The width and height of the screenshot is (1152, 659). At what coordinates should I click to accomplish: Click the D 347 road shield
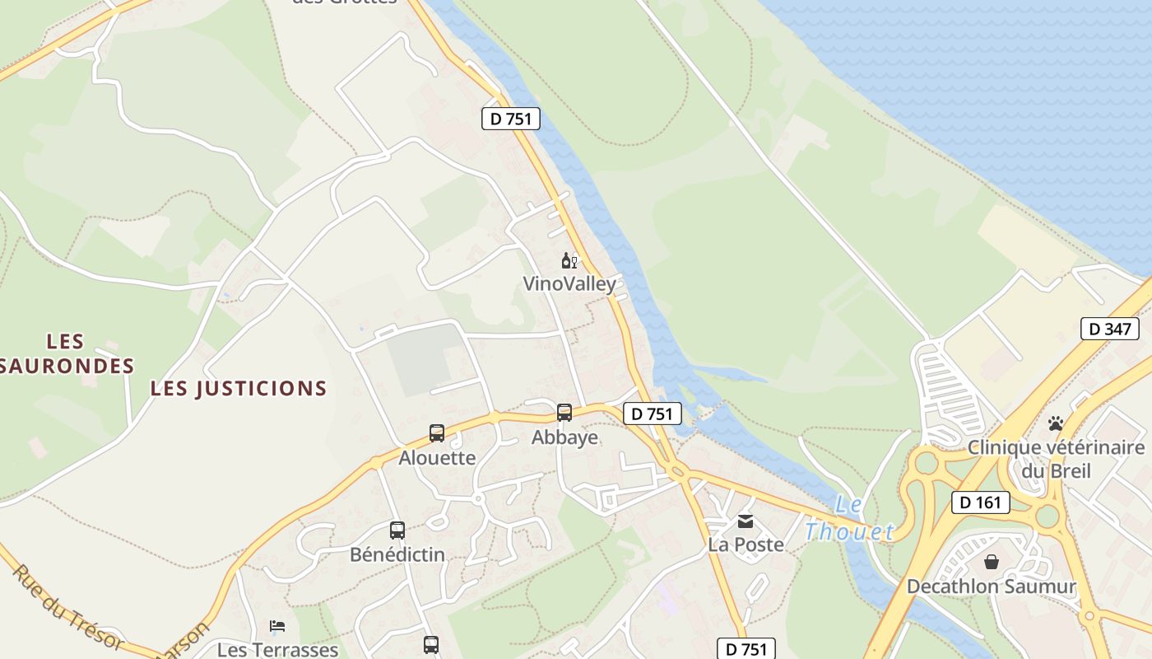[1109, 329]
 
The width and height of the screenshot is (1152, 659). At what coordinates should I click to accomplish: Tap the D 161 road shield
[980, 502]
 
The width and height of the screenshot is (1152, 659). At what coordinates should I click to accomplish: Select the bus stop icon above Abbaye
[564, 413]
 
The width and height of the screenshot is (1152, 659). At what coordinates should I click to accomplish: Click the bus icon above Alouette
[437, 433]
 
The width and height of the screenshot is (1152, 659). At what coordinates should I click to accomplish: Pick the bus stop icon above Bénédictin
[397, 530]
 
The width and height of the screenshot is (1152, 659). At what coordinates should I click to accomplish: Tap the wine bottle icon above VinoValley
[569, 261]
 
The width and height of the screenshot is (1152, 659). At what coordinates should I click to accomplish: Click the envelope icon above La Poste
[746, 521]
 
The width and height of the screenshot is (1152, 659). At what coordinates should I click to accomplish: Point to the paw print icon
[1056, 423]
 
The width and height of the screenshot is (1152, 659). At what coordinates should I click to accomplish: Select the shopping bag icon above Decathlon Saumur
[992, 562]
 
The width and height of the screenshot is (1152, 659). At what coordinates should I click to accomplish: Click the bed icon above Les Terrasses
[277, 626]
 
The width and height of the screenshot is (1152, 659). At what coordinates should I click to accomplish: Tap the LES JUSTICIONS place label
[239, 389]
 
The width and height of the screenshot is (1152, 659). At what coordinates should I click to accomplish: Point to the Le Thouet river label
[849, 519]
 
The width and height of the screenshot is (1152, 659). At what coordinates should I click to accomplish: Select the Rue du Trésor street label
[67, 606]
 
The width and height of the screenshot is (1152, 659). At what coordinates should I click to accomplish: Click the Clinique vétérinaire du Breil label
[1056, 459]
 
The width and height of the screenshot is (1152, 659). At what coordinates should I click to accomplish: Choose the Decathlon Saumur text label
[992, 587]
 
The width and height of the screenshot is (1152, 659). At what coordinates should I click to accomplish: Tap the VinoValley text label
[569, 284]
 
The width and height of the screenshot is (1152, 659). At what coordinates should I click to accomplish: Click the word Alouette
[437, 458]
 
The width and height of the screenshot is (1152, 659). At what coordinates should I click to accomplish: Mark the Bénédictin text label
[397, 555]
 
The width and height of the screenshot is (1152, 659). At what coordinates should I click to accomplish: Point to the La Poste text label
[746, 544]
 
